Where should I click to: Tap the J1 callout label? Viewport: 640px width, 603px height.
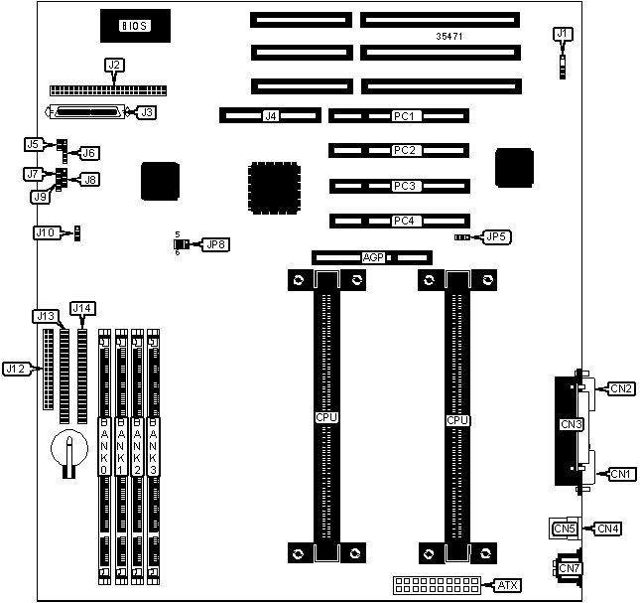[563, 34]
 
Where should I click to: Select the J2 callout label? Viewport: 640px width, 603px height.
[114, 66]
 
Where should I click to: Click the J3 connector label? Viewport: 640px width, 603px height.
[146, 112]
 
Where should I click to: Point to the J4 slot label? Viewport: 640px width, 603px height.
[269, 116]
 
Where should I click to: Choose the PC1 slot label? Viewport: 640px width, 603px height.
[403, 116]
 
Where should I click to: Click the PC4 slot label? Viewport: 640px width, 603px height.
[403, 221]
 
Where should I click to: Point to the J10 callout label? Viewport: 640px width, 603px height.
[46, 232]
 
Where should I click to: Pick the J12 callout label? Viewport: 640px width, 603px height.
[15, 369]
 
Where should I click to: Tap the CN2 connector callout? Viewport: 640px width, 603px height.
[622, 387]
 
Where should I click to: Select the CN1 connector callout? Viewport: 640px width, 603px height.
[622, 474]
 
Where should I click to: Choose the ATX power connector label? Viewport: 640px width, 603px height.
[509, 585]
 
